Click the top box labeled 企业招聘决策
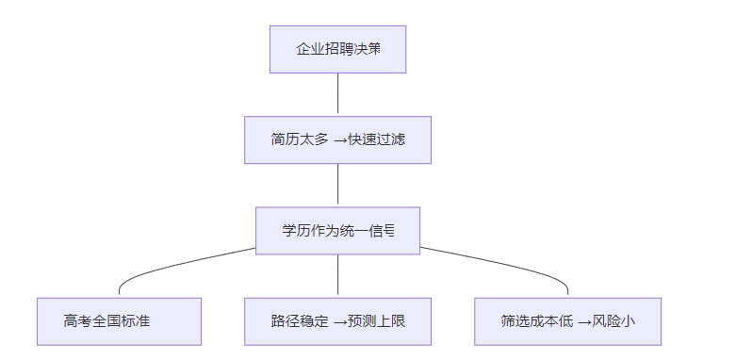(x=337, y=49)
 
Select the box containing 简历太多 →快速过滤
(x=337, y=139)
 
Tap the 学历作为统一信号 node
(x=337, y=230)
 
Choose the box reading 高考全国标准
(x=119, y=321)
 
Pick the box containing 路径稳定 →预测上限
(x=337, y=321)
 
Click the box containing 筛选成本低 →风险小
(x=567, y=321)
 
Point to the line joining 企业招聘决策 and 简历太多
(x=337, y=94)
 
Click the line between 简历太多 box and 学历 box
(x=337, y=186)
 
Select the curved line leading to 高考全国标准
(x=170, y=265)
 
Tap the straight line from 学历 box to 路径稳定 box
(x=337, y=275)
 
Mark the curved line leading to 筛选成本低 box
(x=509, y=265)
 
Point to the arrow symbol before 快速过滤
(x=340, y=139)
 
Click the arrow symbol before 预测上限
(x=340, y=321)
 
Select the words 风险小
(x=613, y=321)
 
